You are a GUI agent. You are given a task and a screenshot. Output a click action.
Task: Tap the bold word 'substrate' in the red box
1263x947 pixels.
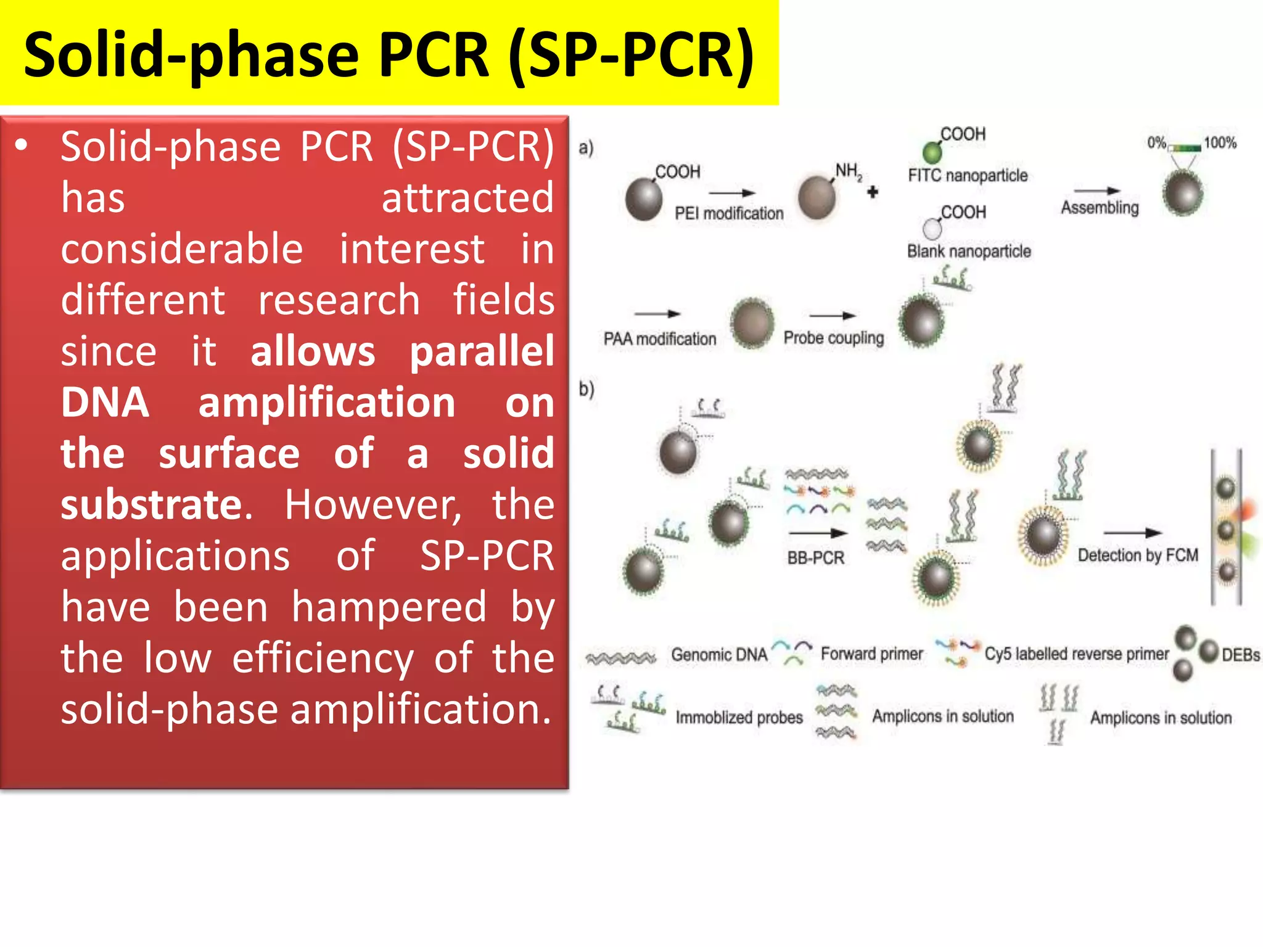pos(151,504)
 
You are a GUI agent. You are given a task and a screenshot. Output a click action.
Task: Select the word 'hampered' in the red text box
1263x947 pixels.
pos(389,607)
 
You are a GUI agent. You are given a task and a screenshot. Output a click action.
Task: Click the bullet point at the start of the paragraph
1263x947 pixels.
pos(22,146)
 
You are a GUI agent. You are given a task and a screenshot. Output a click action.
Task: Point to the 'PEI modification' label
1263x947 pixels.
pos(729,213)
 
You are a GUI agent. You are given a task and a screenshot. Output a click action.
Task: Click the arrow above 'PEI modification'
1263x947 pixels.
pos(731,193)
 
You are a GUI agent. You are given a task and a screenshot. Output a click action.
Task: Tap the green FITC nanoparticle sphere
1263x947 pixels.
pos(932,152)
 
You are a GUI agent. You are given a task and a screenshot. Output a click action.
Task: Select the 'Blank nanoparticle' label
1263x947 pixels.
pos(969,252)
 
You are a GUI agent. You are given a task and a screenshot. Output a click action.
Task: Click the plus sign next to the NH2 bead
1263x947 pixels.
pos(873,192)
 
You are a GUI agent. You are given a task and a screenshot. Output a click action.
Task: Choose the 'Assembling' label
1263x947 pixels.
pos(1100,208)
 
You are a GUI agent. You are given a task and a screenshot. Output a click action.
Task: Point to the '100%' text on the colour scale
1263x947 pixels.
pos(1220,143)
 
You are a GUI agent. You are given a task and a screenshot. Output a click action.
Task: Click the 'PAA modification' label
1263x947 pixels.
pos(660,339)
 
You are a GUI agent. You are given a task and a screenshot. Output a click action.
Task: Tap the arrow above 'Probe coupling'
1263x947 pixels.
pos(833,316)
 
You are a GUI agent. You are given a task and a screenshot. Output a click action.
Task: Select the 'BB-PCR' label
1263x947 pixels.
pos(815,558)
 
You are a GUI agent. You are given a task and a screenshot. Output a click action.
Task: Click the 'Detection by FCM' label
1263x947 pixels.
pos(1138,555)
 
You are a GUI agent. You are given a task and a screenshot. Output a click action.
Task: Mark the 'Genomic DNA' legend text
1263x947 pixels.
pos(719,655)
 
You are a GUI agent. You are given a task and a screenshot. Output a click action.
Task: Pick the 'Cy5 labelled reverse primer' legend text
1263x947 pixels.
pos(1076,654)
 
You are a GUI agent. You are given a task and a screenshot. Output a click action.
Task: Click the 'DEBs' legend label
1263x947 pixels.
pos(1241,655)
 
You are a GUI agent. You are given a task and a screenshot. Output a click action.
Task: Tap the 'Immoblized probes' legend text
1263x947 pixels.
pos(739,718)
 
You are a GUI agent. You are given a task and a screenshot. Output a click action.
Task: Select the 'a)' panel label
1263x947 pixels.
pos(586,148)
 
